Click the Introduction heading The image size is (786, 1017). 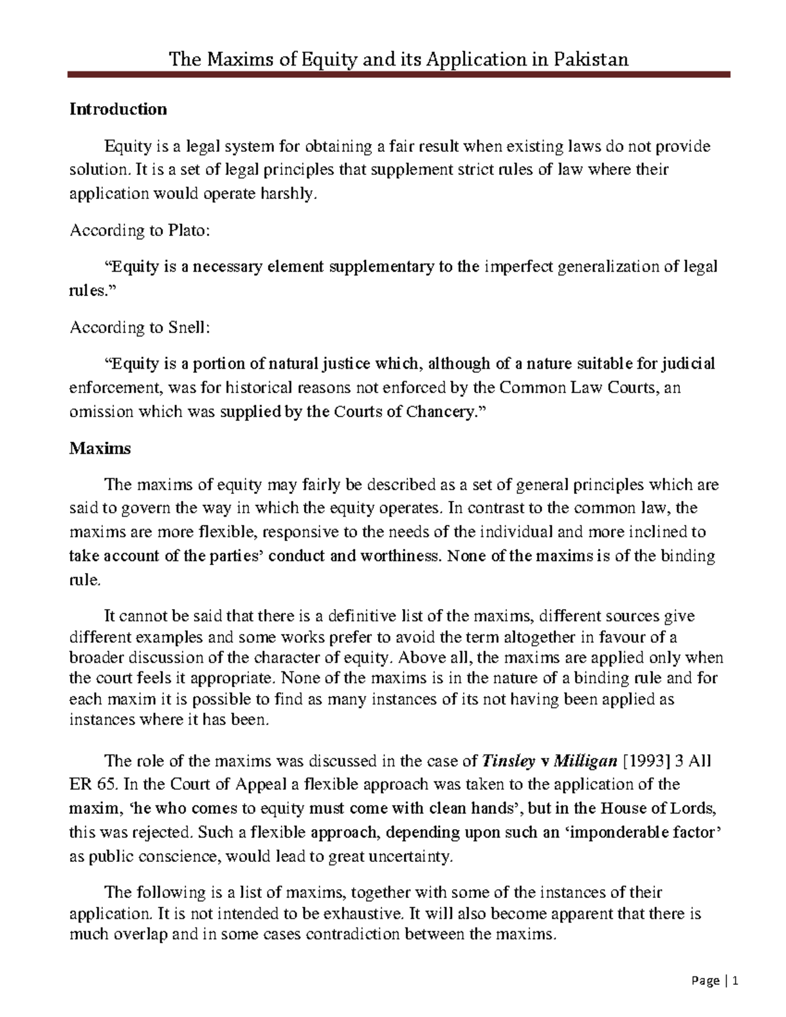pyautogui.click(x=119, y=109)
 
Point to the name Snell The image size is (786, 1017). pyautogui.click(x=189, y=327)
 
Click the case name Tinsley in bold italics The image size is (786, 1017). pyautogui.click(x=508, y=761)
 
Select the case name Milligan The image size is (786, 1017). pyautogui.click(x=586, y=761)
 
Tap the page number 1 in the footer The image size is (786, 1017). pyautogui.click(x=736, y=982)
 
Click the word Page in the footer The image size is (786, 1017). pyautogui.click(x=705, y=982)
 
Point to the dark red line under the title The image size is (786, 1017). pyautogui.click(x=400, y=75)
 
